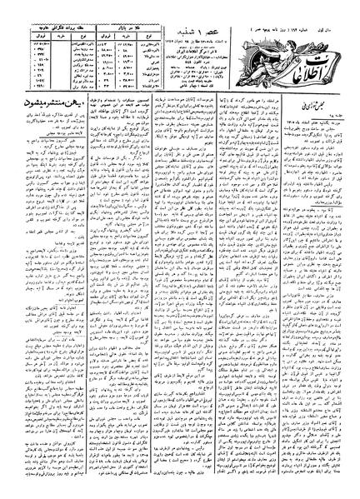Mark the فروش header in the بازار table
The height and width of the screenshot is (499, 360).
click(x=92, y=33)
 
